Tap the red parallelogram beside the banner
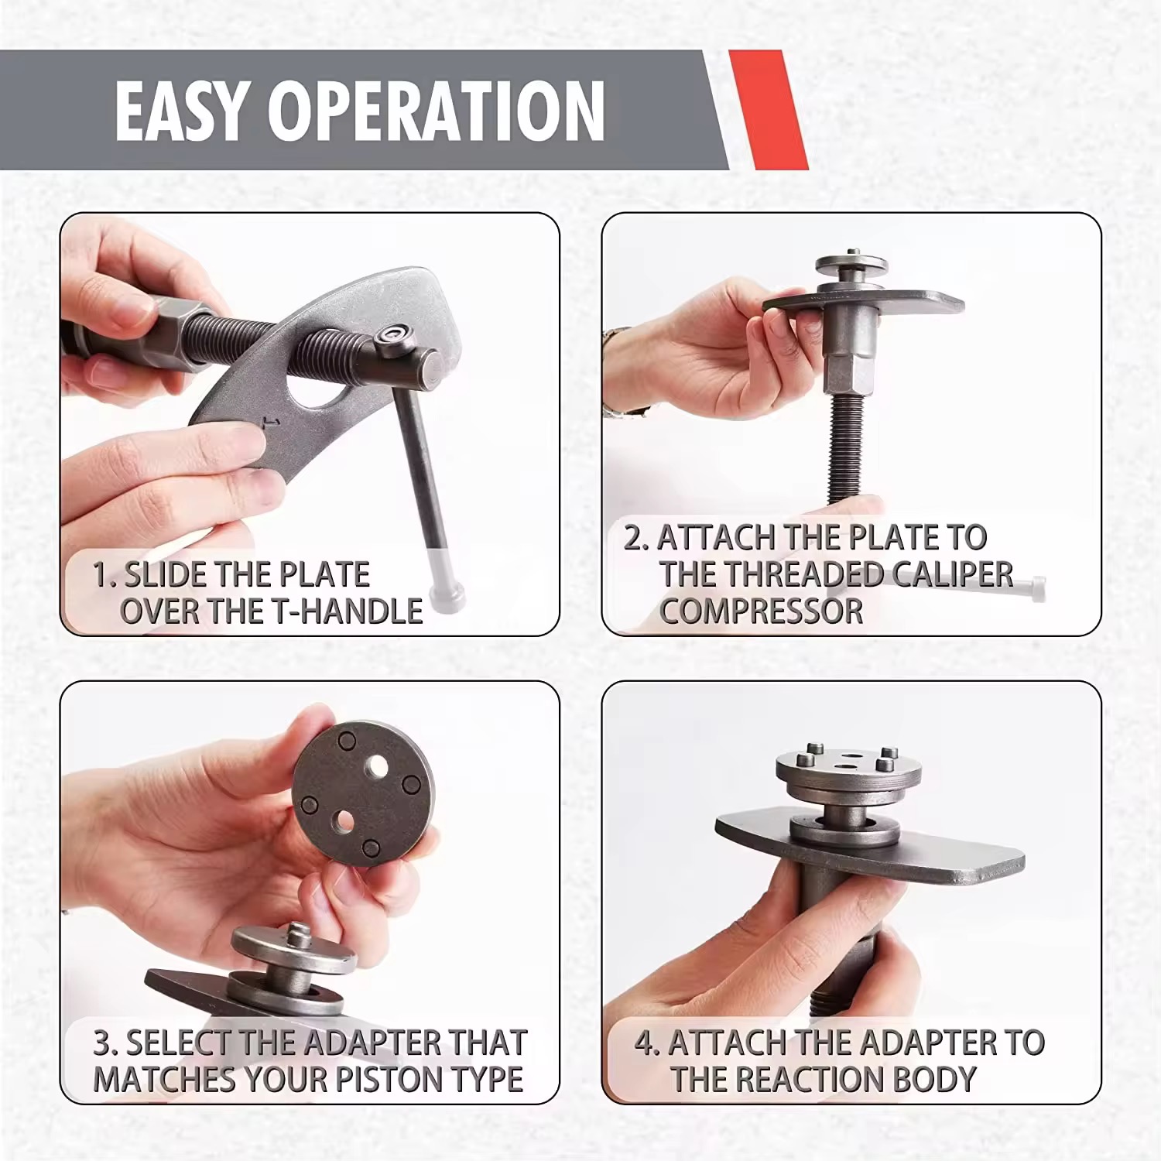tap(769, 110)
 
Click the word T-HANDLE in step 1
tap(348, 611)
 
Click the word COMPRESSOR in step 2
tap(761, 611)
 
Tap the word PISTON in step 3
tap(406, 1079)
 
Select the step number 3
tap(103, 1043)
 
